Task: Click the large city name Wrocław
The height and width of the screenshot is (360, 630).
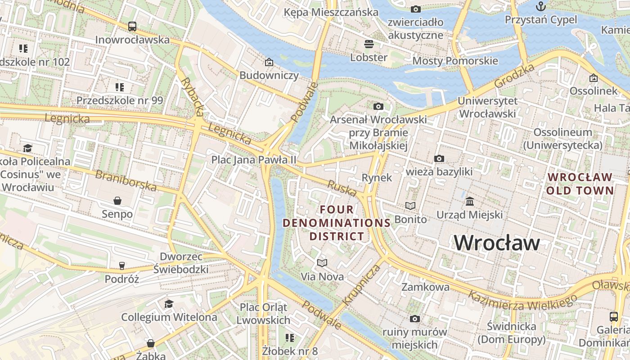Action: coord(497,243)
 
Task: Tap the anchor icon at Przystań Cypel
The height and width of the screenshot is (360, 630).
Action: coord(540,6)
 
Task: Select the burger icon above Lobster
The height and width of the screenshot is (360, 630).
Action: coord(369,44)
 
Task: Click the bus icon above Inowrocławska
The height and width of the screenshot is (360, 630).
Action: coord(132,27)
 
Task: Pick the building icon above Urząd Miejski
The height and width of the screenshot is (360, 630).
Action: coord(470,201)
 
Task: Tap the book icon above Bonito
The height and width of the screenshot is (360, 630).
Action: coord(410,206)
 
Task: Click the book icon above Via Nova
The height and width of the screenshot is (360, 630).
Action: coord(322,263)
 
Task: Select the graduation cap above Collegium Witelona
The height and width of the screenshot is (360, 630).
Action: coord(169,304)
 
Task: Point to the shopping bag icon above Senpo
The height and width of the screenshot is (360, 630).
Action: coord(117,200)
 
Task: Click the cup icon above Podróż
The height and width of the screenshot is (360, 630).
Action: coord(122,265)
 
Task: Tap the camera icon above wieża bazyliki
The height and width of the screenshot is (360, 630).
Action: coord(439,158)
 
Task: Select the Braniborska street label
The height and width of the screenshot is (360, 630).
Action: coord(126,180)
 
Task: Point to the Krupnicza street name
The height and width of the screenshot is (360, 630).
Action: coord(361,285)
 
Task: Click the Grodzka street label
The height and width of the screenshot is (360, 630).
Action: coord(514,76)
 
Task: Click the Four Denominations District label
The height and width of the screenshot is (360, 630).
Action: coord(337,223)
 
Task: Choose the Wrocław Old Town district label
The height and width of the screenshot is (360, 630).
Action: coord(580,184)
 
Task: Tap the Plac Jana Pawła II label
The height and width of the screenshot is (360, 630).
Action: coord(254,160)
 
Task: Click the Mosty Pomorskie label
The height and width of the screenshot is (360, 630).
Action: coord(455,61)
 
